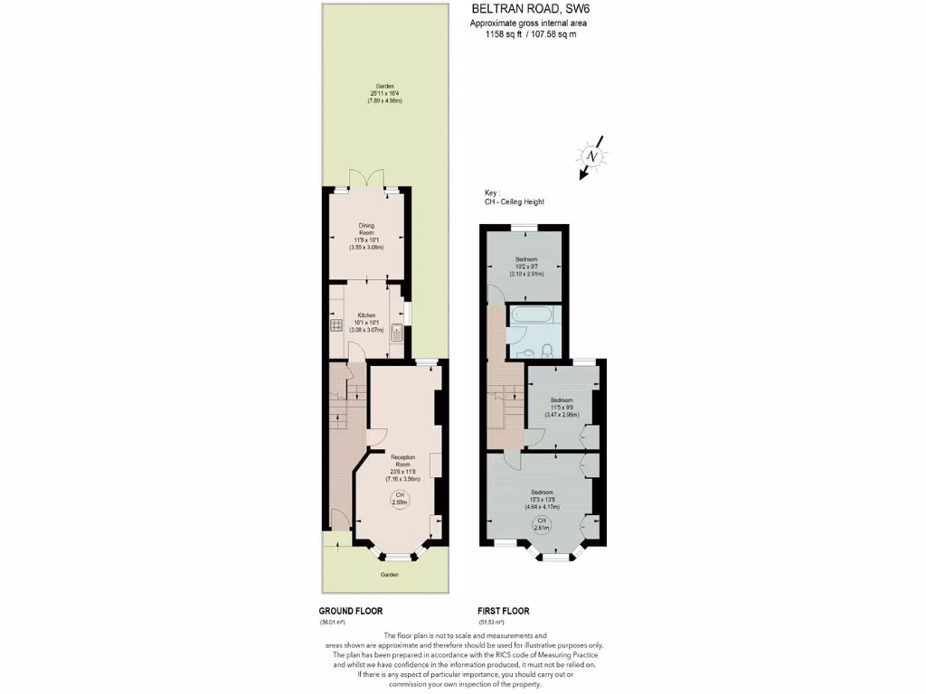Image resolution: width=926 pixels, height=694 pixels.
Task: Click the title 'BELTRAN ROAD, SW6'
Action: click(524, 10)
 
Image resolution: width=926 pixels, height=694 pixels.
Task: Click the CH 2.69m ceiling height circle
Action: click(399, 500)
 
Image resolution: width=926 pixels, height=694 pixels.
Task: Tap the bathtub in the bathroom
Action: click(535, 315)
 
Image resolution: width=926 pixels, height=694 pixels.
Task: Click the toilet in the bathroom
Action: click(548, 350)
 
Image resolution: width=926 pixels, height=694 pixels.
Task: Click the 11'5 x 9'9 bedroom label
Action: click(562, 407)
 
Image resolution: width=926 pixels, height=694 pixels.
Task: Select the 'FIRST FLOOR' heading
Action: click(504, 611)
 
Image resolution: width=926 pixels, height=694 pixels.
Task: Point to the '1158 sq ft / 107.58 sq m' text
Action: click(524, 34)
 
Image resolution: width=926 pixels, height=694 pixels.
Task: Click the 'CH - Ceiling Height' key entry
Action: click(514, 202)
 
